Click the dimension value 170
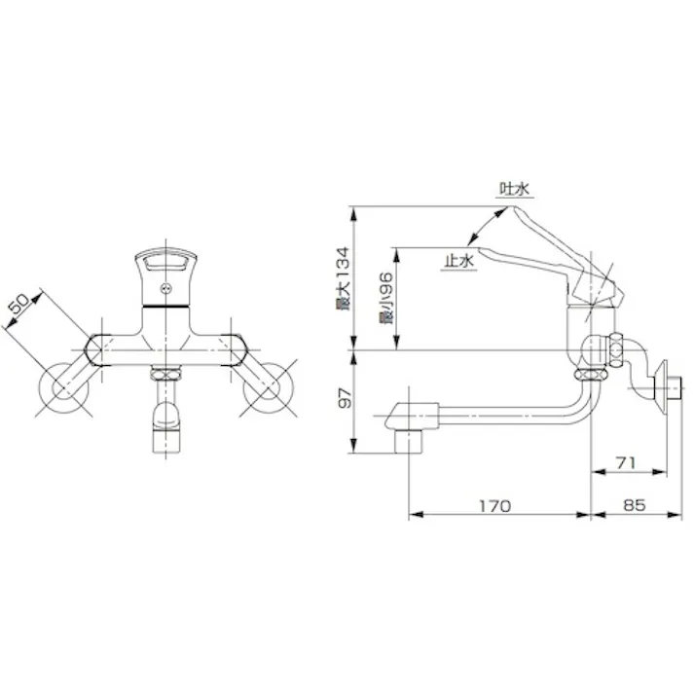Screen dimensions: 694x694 tap(495, 507)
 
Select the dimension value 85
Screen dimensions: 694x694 tap(635, 507)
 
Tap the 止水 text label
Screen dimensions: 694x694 tap(457, 261)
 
